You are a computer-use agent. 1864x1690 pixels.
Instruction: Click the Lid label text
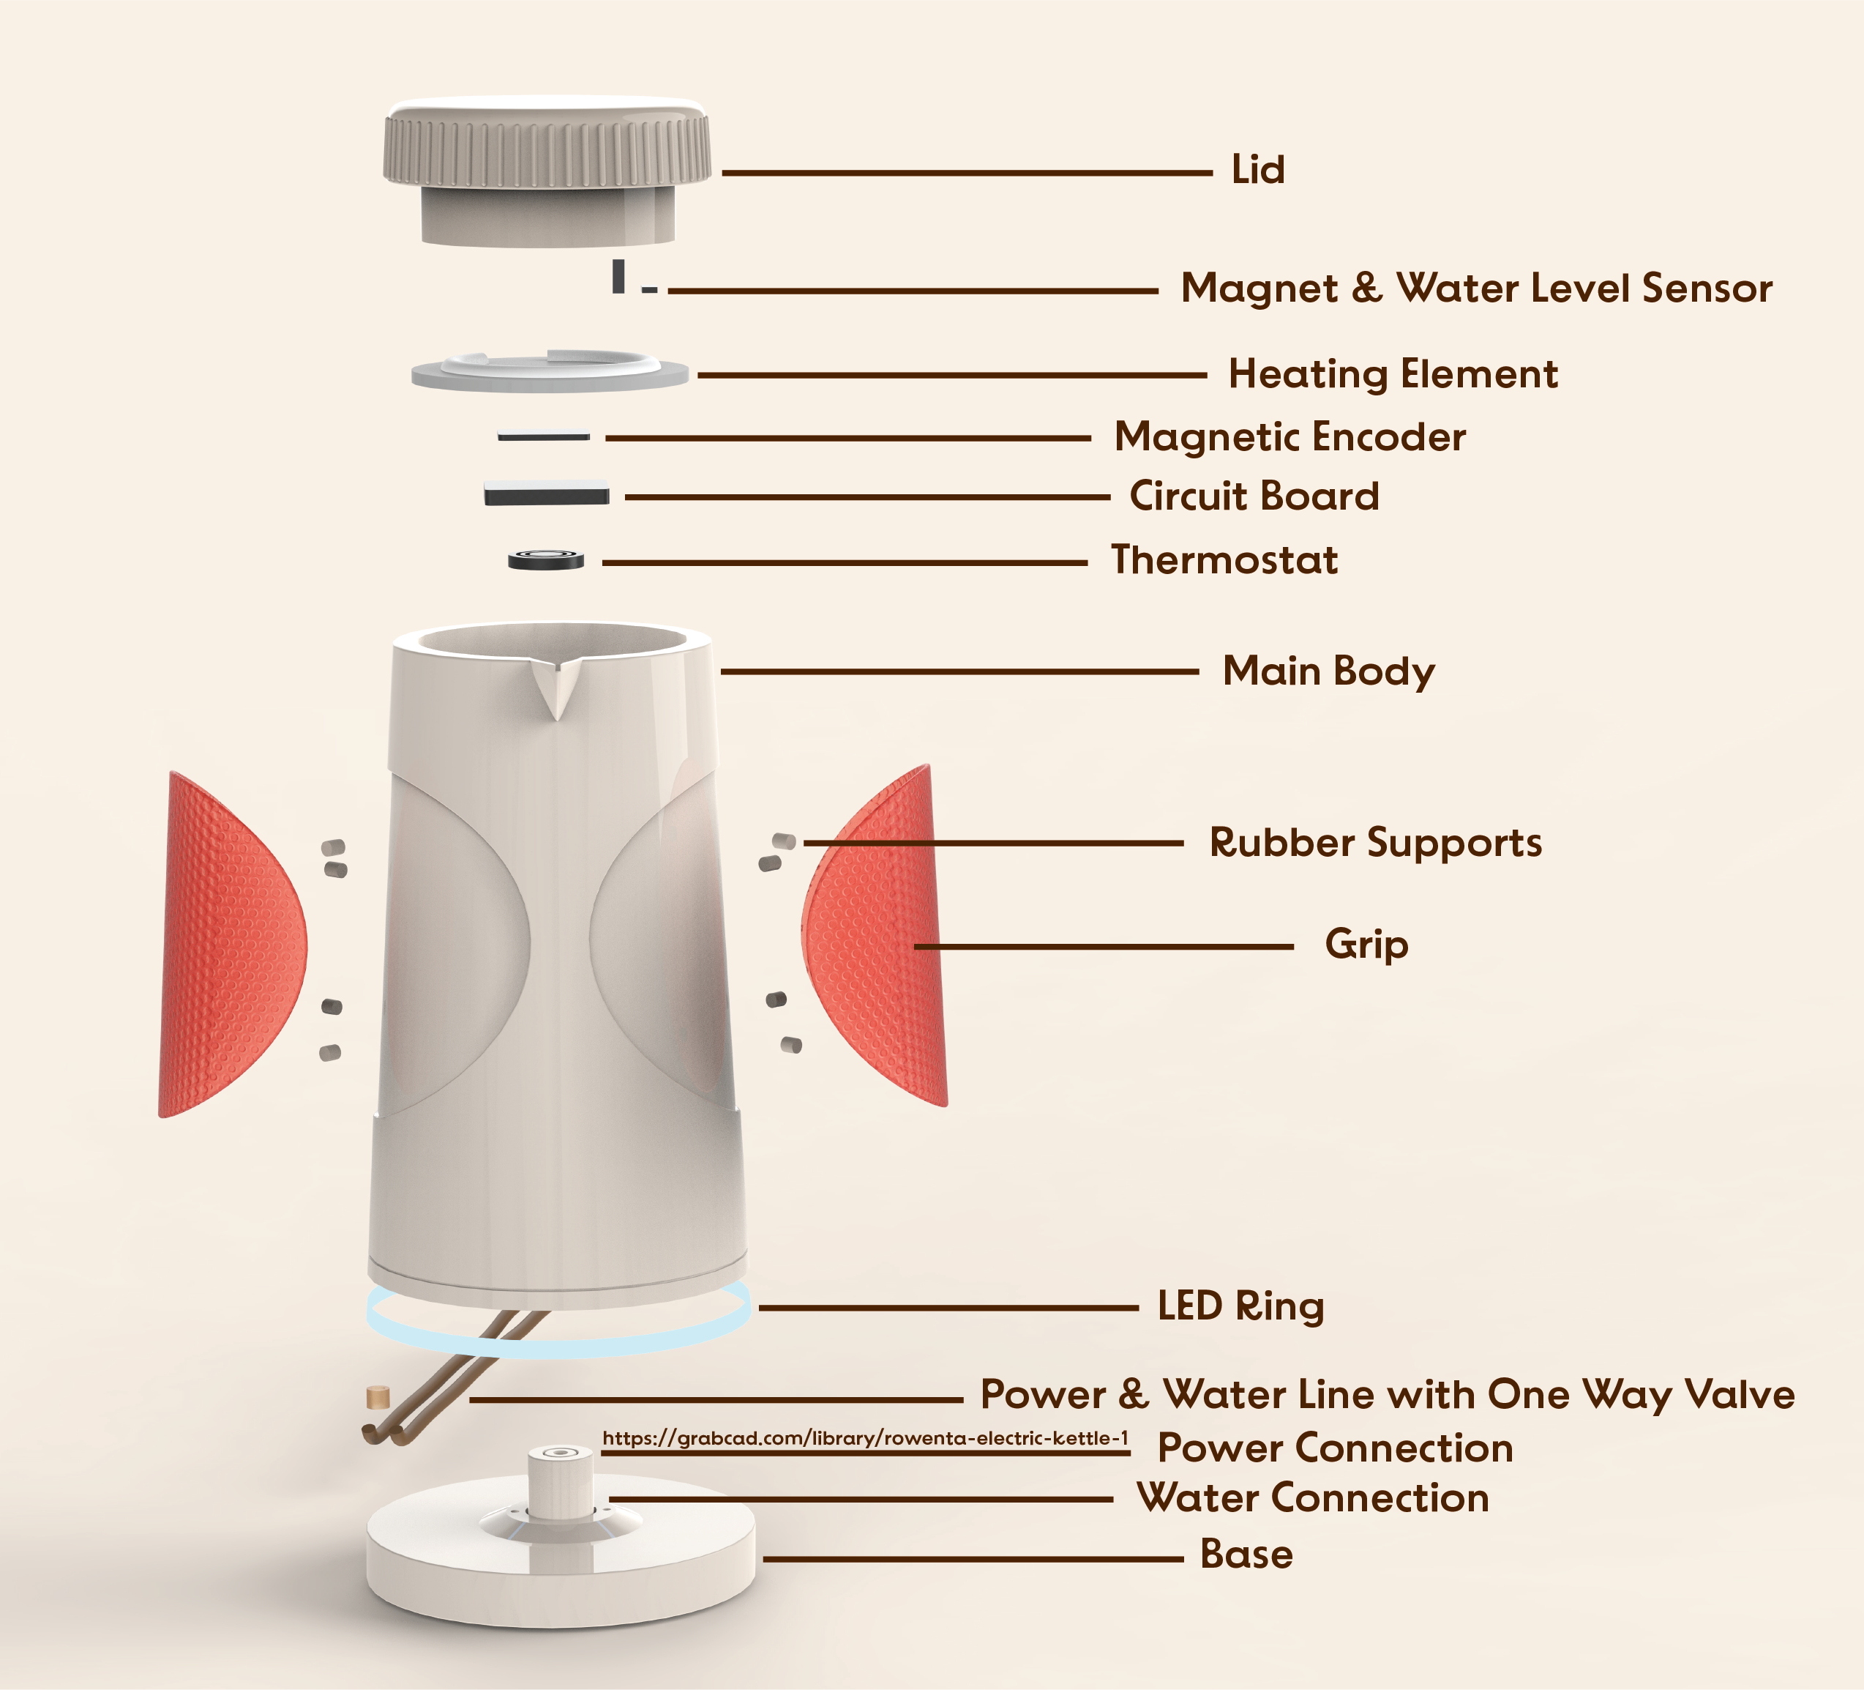(x=1257, y=170)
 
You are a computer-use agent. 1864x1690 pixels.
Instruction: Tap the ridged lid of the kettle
(x=547, y=171)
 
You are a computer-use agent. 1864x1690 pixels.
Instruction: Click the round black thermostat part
(x=545, y=559)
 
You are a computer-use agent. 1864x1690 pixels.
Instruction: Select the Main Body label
(x=1328, y=671)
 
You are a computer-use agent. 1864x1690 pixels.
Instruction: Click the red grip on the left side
(x=231, y=945)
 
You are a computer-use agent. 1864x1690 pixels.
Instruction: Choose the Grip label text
(x=1366, y=945)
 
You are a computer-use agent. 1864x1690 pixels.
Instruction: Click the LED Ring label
(x=1240, y=1307)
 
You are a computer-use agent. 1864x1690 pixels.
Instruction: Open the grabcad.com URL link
(x=866, y=1438)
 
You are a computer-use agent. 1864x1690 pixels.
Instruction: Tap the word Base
(x=1246, y=1554)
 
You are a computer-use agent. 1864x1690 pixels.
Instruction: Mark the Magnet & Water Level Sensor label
(x=1477, y=289)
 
